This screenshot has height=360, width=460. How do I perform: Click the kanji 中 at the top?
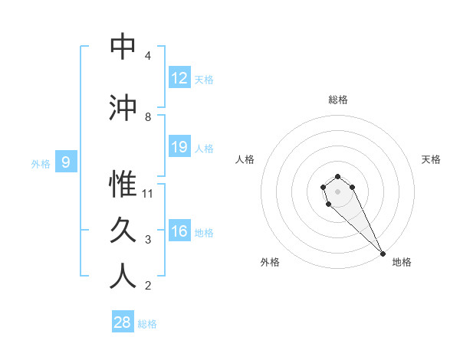click(x=123, y=47)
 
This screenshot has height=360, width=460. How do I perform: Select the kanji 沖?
click(x=123, y=107)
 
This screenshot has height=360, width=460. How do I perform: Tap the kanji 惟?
click(x=123, y=184)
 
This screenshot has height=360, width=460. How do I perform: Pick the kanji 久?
click(x=123, y=230)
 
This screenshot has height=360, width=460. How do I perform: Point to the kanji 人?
click(x=123, y=276)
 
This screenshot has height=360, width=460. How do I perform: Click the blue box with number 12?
click(x=179, y=78)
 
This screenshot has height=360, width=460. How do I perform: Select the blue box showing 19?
click(x=179, y=147)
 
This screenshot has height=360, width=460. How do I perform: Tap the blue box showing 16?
click(x=179, y=231)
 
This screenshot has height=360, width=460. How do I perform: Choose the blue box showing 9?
click(x=67, y=162)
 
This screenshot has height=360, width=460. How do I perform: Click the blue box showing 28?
click(x=123, y=322)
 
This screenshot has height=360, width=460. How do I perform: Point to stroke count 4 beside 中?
click(x=147, y=56)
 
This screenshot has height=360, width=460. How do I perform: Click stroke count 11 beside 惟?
click(x=148, y=194)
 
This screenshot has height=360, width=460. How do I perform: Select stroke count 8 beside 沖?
click(x=147, y=117)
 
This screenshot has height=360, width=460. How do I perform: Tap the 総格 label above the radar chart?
click(x=338, y=100)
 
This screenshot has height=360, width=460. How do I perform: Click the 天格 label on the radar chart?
click(x=431, y=159)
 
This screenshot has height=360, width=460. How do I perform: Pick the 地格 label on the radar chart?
click(x=402, y=262)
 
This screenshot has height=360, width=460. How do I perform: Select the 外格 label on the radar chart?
click(x=270, y=262)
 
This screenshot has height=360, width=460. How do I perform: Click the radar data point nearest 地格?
click(x=383, y=254)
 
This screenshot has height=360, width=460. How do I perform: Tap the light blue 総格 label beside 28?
click(x=147, y=324)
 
